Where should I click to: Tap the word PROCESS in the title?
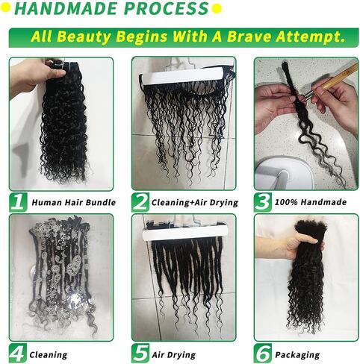167,8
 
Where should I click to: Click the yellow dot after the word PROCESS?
217,9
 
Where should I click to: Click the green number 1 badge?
18,202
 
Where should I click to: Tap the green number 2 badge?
140,202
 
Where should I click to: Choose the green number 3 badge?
263,202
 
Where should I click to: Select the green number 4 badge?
18,353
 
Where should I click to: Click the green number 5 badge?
140,353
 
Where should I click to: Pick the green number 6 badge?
263,353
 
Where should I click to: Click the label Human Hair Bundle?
74,202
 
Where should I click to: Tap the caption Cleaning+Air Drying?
195,203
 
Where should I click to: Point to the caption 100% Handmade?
311,202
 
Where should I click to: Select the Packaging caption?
297,355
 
